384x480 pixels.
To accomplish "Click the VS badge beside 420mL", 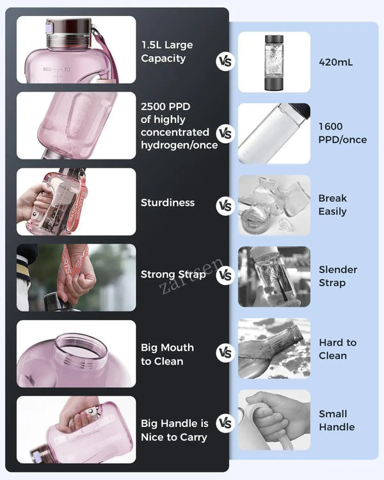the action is click(x=225, y=61).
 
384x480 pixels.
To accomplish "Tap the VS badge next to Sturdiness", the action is click(x=225, y=205).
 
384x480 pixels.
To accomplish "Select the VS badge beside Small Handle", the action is click(x=225, y=423).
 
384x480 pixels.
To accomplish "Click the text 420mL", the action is click(x=335, y=63).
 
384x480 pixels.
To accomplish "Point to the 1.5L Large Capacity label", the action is click(x=167, y=51).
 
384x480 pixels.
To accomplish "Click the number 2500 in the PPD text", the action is click(x=153, y=106).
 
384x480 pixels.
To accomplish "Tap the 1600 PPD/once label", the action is click(x=342, y=133).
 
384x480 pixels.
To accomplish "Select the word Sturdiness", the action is click(x=168, y=203).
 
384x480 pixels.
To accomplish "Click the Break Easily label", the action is click(x=333, y=205).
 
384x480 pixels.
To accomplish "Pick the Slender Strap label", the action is click(x=338, y=276).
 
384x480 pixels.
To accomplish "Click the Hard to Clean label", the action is click(x=337, y=349).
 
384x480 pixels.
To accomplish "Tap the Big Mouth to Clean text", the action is click(x=167, y=355).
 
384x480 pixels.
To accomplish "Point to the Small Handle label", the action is click(x=337, y=420).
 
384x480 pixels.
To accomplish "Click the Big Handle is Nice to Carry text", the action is click(x=175, y=430).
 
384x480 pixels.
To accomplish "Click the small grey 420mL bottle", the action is click(x=274, y=63).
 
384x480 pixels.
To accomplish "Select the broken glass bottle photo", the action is click(x=274, y=205).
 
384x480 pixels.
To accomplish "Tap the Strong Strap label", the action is click(x=173, y=275).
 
